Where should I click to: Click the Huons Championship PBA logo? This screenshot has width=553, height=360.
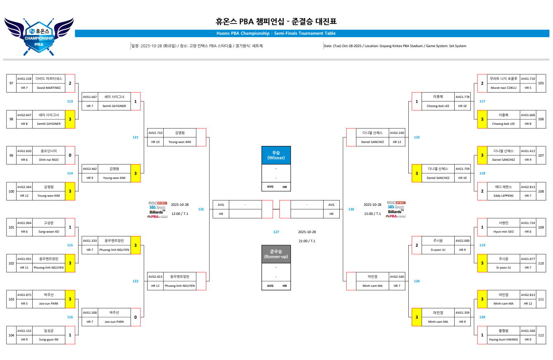39,36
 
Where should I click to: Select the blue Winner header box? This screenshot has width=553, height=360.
276,155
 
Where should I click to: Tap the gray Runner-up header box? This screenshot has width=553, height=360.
276,254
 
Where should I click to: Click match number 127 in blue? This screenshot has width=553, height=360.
276,232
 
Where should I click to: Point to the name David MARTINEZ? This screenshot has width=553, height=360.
49,88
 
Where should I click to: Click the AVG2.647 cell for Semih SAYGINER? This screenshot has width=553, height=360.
24,114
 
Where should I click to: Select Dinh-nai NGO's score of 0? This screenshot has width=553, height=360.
70,155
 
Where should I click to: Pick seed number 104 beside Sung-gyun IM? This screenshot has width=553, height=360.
11,335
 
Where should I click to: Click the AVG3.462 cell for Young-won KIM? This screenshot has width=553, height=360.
90,169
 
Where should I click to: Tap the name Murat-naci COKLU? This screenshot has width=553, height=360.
503,88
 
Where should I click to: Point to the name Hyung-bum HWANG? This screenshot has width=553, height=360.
503,339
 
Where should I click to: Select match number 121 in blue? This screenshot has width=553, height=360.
136,137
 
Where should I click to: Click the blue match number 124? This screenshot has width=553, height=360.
417,281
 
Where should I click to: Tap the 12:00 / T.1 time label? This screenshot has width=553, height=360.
180,214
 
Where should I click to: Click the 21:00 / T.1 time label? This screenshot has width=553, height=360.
307,241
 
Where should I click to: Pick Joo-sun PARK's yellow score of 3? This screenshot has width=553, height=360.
70,299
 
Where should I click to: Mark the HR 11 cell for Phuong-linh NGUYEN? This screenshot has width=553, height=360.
24,267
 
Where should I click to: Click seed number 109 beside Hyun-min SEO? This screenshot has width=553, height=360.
541,227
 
